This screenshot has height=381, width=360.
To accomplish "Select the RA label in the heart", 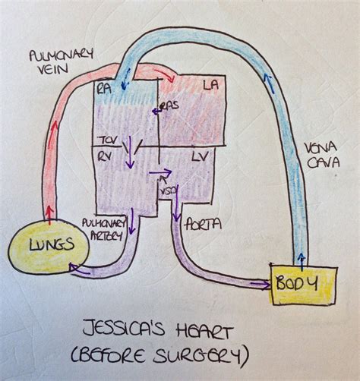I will (104, 87).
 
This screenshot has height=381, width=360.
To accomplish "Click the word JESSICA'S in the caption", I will (126, 332).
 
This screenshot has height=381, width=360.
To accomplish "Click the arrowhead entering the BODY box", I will (267, 286).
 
